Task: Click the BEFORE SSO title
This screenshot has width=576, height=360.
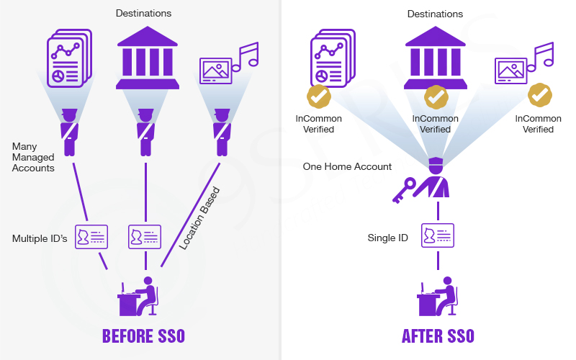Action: pyautogui.click(x=143, y=336)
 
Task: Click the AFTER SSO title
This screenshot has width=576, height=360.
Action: pyautogui.click(x=438, y=336)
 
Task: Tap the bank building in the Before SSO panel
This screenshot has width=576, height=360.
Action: pyautogui.click(x=147, y=57)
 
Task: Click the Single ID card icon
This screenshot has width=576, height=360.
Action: pyautogui.click(x=438, y=235)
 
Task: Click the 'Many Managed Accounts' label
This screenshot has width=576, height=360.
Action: pyautogui.click(x=33, y=157)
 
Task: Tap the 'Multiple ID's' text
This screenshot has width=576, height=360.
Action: pyautogui.click(x=40, y=238)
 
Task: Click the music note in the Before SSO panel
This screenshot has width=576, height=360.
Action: pyautogui.click(x=245, y=56)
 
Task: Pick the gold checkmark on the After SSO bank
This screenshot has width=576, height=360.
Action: pyautogui.click(x=436, y=96)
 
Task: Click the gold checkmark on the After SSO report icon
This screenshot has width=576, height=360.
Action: pyautogui.click(x=319, y=96)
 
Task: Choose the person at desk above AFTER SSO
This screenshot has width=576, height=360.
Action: pyautogui.click(x=436, y=295)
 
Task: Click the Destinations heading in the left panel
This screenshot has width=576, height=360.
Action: pyautogui.click(x=144, y=13)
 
